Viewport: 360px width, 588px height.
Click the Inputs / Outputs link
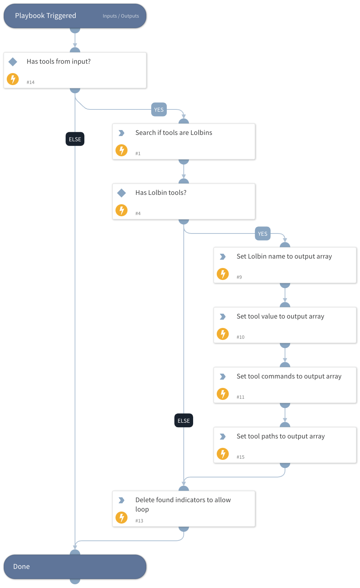121,16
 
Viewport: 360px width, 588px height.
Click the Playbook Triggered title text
45,16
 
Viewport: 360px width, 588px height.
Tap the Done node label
21,567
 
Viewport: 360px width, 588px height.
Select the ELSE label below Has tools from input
75,139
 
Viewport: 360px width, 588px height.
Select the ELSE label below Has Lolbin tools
184,421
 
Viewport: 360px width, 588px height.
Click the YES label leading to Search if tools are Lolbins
159,110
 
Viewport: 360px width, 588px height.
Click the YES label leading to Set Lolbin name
262,234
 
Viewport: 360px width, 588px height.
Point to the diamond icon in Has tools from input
13,61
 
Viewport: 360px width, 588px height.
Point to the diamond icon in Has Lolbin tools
121,193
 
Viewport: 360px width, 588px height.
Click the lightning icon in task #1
121,150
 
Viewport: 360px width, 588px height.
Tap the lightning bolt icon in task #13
121,518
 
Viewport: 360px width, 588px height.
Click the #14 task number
30,82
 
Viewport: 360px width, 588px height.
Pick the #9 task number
239,277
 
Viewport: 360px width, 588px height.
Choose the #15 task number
240,457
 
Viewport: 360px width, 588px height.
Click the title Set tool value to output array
280,316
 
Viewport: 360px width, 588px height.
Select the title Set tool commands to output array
289,376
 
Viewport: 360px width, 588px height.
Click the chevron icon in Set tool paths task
223,437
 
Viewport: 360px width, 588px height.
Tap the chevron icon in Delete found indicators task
121,500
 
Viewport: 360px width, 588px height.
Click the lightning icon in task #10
223,334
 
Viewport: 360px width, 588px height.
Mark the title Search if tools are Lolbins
174,133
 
